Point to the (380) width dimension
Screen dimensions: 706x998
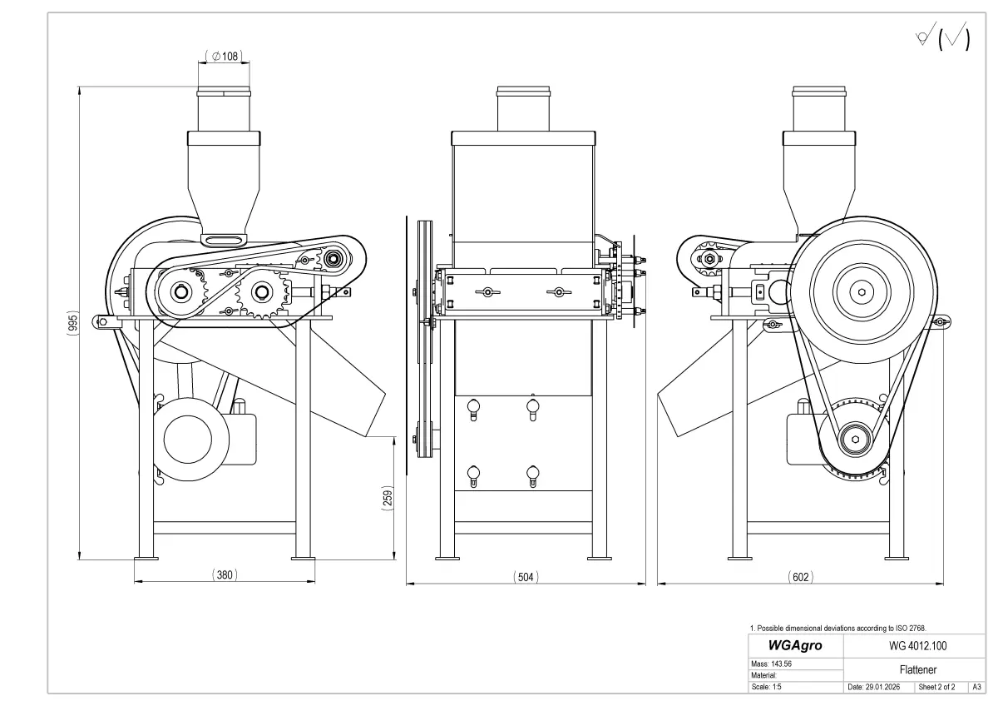pyautogui.click(x=225, y=574)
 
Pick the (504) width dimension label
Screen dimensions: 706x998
pyautogui.click(x=526, y=576)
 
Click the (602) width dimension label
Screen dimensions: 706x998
pyautogui.click(x=799, y=576)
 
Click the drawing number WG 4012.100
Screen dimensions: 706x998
pyautogui.click(x=912, y=646)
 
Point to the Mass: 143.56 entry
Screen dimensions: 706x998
pyautogui.click(x=773, y=664)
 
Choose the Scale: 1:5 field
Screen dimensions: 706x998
pyautogui.click(x=766, y=688)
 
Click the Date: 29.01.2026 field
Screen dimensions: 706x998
pyautogui.click(x=873, y=688)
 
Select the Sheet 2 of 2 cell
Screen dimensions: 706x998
pyautogui.click(x=936, y=688)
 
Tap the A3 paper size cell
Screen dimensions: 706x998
pyautogui.click(x=976, y=688)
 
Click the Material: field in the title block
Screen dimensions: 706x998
pyautogui.click(x=764, y=675)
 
